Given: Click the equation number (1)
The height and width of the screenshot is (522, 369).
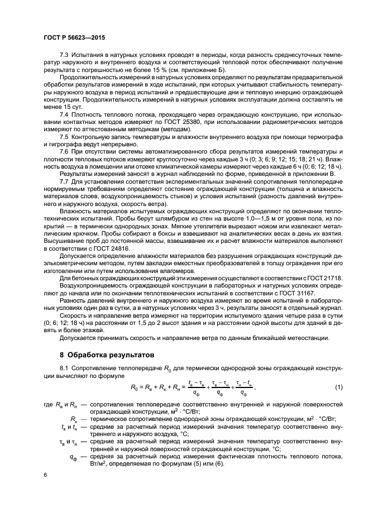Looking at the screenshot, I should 338,387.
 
